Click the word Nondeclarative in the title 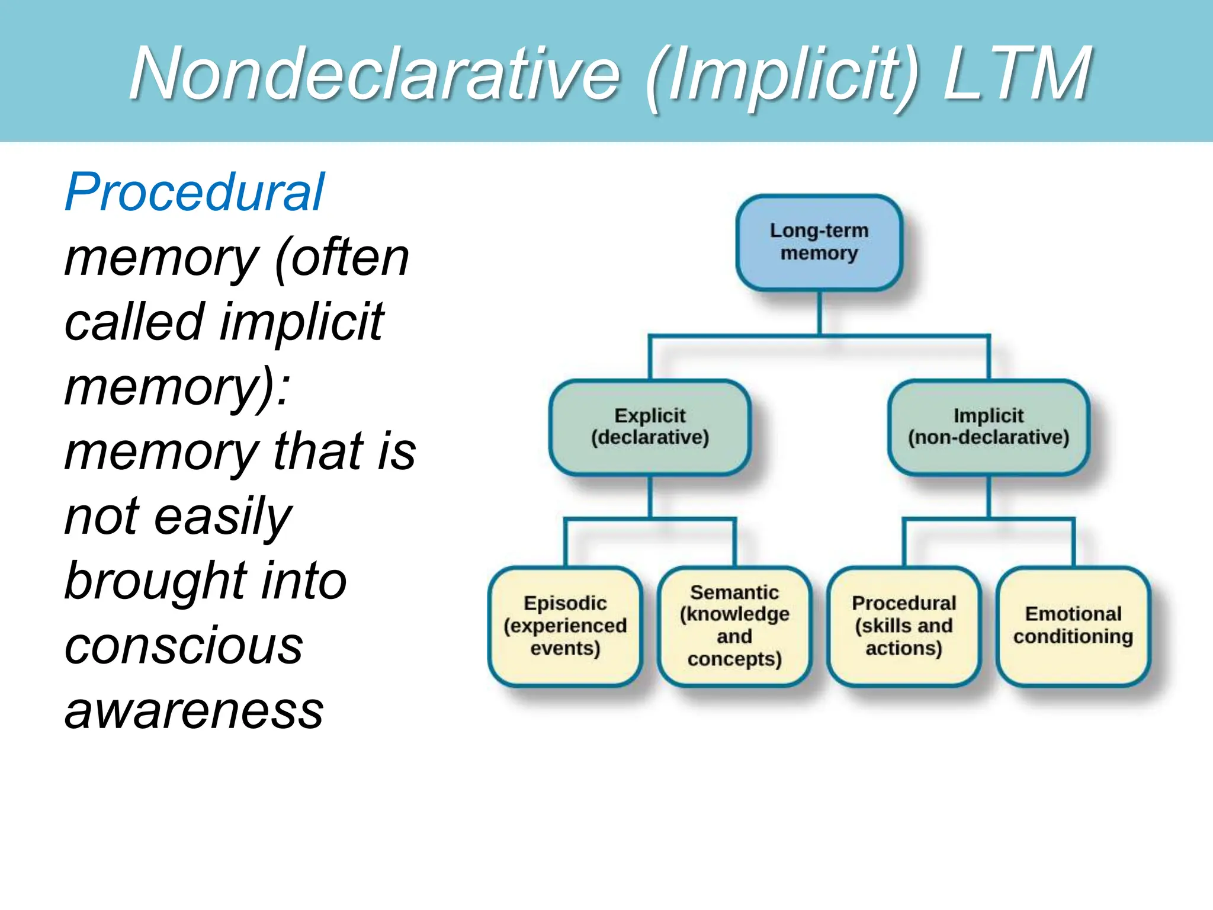tap(374, 73)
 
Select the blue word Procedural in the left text tap(194, 192)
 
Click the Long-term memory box tap(819, 242)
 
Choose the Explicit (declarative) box tap(650, 427)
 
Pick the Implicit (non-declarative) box tap(989, 427)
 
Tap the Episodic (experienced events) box tap(565, 626)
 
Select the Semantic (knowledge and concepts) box tap(734, 626)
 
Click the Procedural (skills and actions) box tap(904, 626)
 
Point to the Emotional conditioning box tap(1073, 626)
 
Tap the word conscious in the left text tap(184, 645)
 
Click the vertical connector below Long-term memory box tap(819, 313)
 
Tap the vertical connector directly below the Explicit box tap(650, 496)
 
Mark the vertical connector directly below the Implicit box tap(989, 496)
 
